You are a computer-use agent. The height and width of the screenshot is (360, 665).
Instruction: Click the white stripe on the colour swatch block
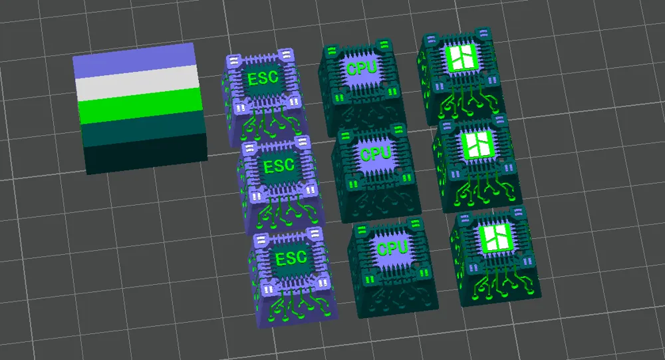point(138,83)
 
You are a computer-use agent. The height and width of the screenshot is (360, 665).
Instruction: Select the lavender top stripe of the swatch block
point(135,61)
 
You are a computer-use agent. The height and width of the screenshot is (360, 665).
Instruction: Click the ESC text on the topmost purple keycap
point(263,78)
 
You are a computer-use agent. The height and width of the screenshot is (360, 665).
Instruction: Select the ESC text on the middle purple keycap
point(279,166)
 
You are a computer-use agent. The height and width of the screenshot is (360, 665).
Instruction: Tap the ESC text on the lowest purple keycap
point(291,258)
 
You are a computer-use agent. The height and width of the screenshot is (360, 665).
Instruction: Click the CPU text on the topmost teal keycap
point(361,67)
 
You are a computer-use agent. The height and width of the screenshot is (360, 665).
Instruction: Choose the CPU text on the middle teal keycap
point(375,153)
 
